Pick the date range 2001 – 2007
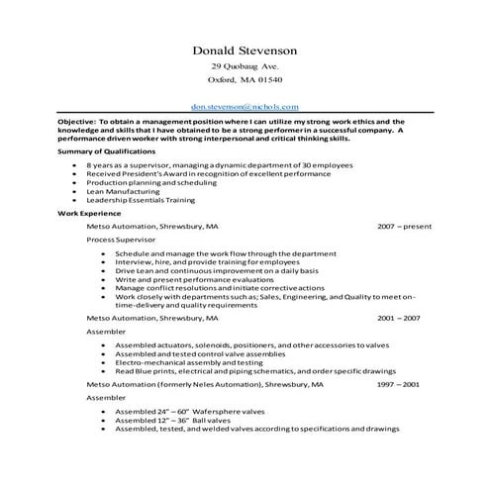399,320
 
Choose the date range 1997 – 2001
399,382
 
